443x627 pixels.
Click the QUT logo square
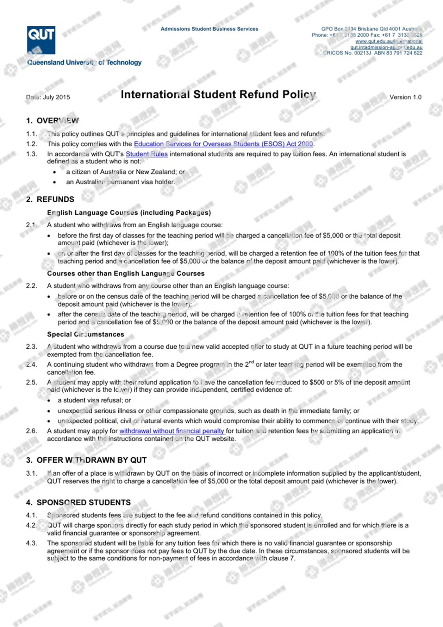pos(41,40)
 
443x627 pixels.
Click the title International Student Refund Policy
pos(218,94)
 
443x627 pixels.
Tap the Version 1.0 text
pos(405,97)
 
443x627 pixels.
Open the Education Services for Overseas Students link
pos(223,144)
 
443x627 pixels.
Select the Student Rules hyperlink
pos(147,154)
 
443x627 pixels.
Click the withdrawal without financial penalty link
pos(172,431)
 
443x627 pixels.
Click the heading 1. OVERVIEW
pos(53,121)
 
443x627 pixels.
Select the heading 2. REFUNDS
pos(50,199)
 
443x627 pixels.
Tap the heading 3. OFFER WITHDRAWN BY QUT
pos(86,460)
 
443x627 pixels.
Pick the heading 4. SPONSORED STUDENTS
pos(78,503)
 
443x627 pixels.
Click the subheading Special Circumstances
pos(85,334)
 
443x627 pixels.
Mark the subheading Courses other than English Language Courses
pos(126,273)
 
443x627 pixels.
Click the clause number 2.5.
pos(32,382)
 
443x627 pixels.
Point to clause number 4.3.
pos(32,543)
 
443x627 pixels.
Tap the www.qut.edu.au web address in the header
pos(389,41)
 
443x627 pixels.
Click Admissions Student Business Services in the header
pos(209,29)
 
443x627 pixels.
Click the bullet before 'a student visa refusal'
pos(49,401)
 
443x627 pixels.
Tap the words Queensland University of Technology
pos(84,62)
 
